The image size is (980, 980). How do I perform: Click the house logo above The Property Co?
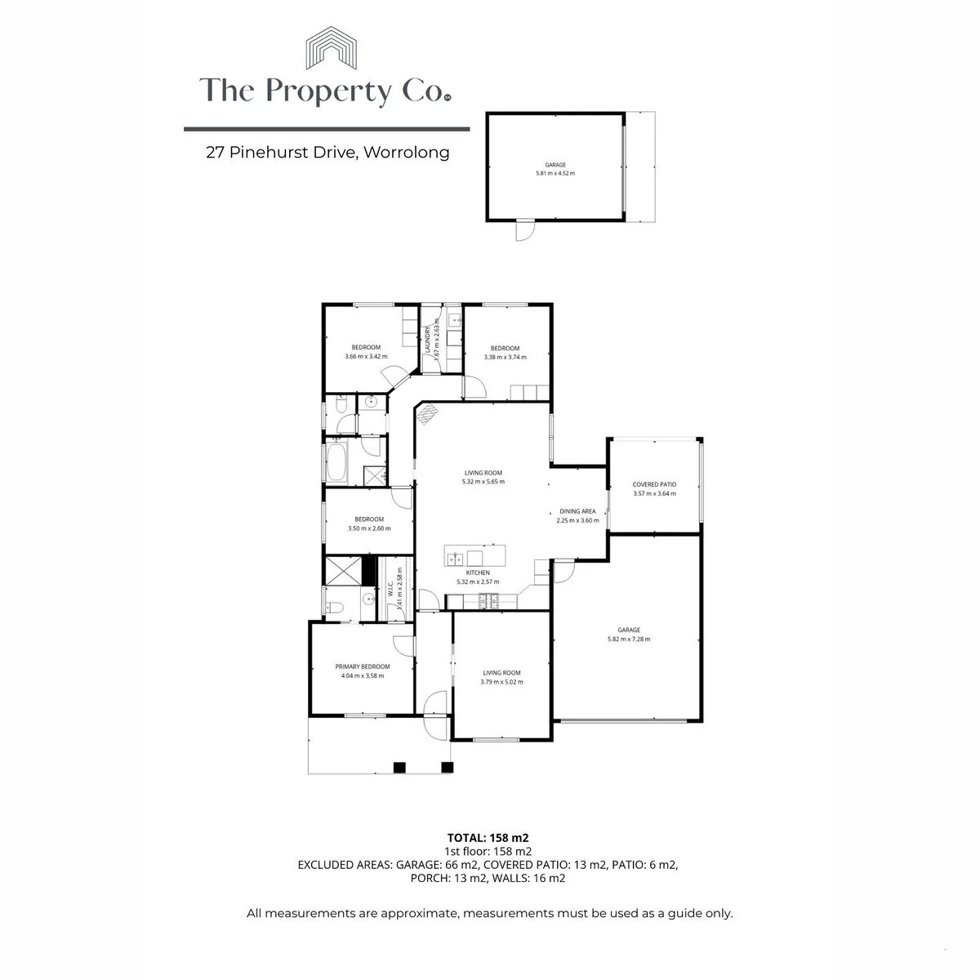[331, 48]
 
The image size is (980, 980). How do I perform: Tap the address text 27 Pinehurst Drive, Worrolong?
[327, 153]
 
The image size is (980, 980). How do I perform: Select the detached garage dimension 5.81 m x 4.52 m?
[555, 173]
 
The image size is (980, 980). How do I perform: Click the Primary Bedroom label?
[362, 666]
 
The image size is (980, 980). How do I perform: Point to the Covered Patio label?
[654, 484]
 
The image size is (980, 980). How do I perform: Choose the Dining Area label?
[577, 511]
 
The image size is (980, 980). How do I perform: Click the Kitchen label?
[478, 572]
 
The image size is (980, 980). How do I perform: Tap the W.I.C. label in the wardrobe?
[390, 590]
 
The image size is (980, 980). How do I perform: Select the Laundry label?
[428, 340]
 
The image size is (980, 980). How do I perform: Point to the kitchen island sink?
[454, 559]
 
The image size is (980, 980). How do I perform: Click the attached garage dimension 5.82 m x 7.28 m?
[629, 639]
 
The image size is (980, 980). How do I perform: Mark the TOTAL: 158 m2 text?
[488, 838]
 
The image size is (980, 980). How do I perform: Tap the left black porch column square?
[399, 767]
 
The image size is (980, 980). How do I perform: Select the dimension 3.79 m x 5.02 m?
[501, 682]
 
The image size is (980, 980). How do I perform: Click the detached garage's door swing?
[525, 231]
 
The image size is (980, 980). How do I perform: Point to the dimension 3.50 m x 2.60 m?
[369, 528]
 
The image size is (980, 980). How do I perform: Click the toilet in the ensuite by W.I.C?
[335, 607]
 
